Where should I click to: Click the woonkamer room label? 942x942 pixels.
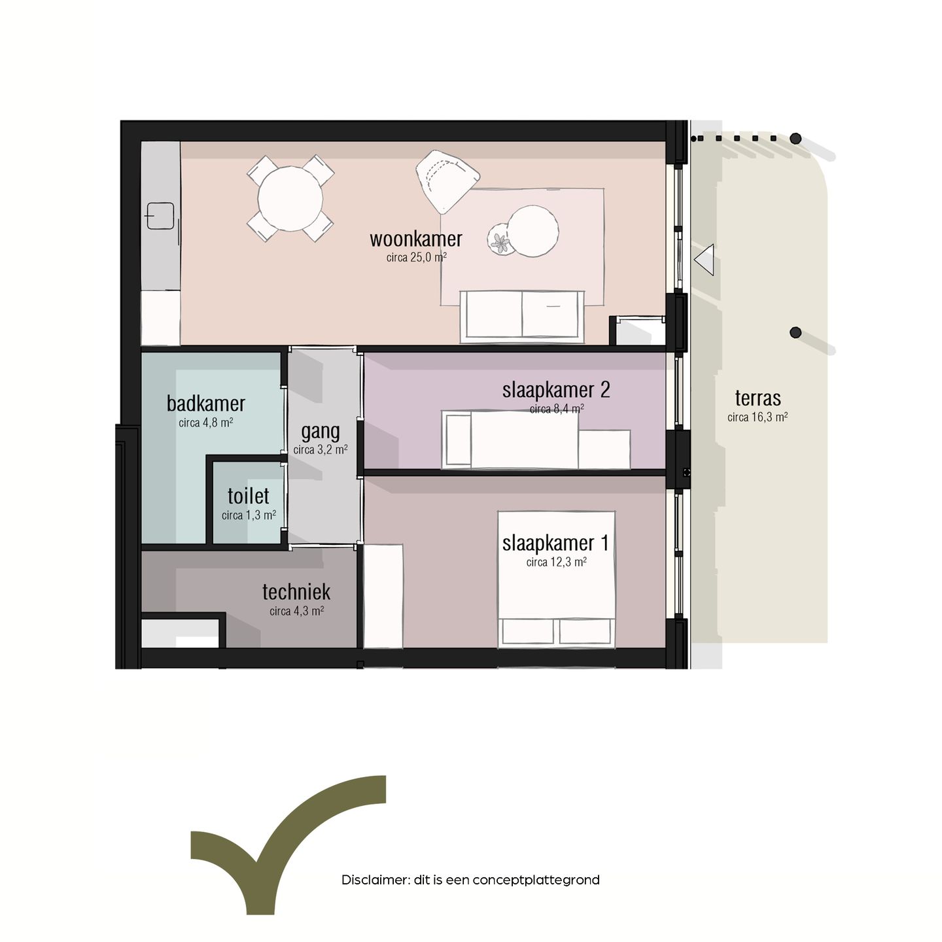pyautogui.click(x=415, y=239)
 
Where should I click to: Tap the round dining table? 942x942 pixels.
pyautogui.click(x=290, y=198)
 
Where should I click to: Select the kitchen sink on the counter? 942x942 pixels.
pyautogui.click(x=160, y=216)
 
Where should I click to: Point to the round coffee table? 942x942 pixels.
pyautogui.click(x=533, y=231)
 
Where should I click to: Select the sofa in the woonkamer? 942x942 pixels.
pyautogui.click(x=521, y=316)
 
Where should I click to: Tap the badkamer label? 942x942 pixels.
pyautogui.click(x=205, y=404)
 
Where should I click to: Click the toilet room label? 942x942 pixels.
pyautogui.click(x=248, y=496)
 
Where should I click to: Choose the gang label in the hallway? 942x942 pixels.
pyautogui.click(x=320, y=431)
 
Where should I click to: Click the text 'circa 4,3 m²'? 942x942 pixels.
pyautogui.click(x=296, y=611)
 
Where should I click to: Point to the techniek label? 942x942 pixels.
pyautogui.click(x=296, y=592)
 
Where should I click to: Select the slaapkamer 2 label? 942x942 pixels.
pyautogui.click(x=555, y=390)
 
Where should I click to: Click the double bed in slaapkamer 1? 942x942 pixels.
pyautogui.click(x=556, y=579)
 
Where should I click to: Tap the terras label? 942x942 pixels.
pyautogui.click(x=758, y=398)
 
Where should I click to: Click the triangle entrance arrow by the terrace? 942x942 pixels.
pyautogui.click(x=705, y=260)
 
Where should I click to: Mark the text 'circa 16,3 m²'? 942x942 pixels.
pyautogui.click(x=758, y=417)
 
